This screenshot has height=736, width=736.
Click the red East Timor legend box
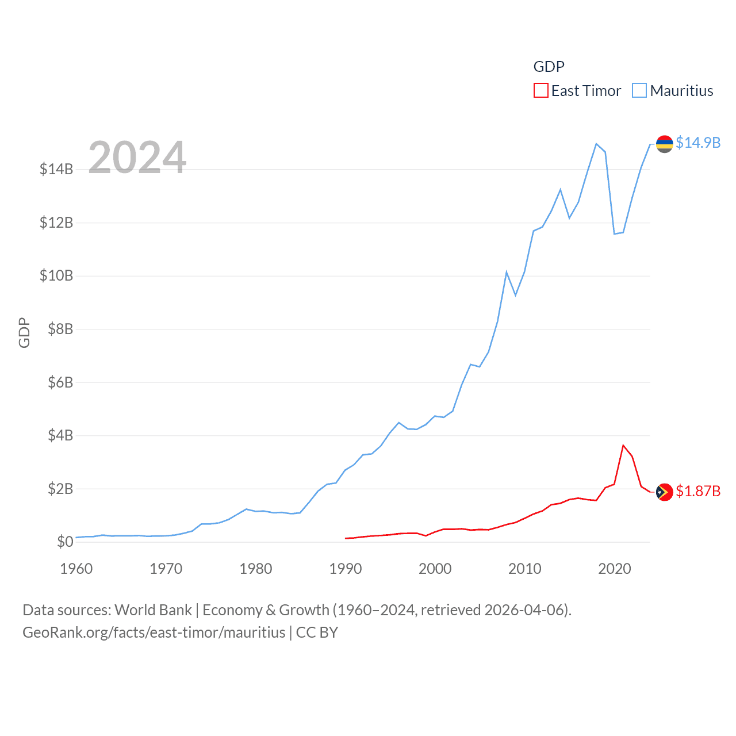click(541, 91)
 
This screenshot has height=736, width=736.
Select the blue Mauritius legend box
click(639, 91)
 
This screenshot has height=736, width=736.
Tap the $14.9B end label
click(698, 143)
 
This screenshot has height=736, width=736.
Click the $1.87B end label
click(698, 491)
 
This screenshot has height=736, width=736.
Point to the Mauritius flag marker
click(665, 144)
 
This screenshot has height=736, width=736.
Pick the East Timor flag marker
click(665, 492)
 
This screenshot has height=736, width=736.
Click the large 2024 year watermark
click(137, 157)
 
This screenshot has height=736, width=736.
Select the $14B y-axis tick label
click(56, 169)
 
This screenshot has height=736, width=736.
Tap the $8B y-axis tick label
click(56, 329)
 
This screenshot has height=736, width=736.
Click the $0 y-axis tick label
click(65, 542)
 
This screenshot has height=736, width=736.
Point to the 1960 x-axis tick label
click(76, 569)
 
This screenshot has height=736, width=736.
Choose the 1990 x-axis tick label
click(346, 569)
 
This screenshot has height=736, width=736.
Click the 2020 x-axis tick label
click(615, 569)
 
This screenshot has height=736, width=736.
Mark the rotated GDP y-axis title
click(24, 332)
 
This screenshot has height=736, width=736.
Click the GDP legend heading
click(549, 67)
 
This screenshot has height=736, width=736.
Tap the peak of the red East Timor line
click(623, 445)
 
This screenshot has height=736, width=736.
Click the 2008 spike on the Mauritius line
click(507, 272)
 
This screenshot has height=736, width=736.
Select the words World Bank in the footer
click(154, 609)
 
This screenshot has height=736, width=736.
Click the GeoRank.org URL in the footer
click(154, 632)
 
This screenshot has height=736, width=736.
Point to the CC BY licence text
click(317, 632)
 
